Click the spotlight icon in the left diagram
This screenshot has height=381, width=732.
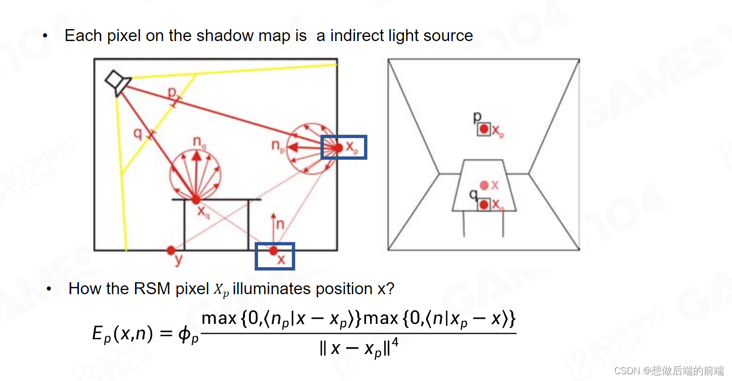click(118, 83)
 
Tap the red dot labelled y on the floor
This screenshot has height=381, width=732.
click(171, 251)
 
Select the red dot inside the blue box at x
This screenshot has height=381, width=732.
click(274, 251)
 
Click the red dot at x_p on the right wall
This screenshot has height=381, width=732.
click(338, 148)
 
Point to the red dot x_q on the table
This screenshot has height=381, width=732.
click(196, 199)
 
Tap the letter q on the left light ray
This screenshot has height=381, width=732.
click(138, 133)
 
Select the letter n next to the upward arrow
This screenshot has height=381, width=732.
click(280, 225)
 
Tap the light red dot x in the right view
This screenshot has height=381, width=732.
click(484, 185)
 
